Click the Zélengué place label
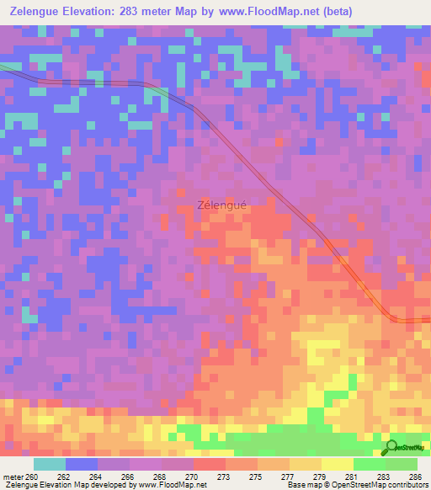(x=223, y=204)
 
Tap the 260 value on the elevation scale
(x=32, y=477)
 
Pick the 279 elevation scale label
(x=306, y=477)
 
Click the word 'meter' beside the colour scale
(x=13, y=477)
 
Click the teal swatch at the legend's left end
(x=50, y=464)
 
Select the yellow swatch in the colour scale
(x=338, y=464)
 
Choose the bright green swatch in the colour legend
(x=370, y=464)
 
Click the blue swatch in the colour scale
(x=82, y=464)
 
